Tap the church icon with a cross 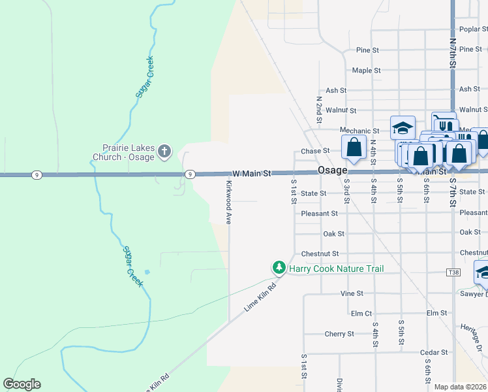click(164, 152)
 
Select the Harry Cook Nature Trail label click(337, 269)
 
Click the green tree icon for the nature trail click(279, 267)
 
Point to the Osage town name click(332, 170)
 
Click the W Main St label click(251, 174)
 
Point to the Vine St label click(352, 294)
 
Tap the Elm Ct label click(361, 314)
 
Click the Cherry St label click(339, 334)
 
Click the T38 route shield click(453, 271)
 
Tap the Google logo click(22, 384)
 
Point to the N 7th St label click(453, 52)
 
